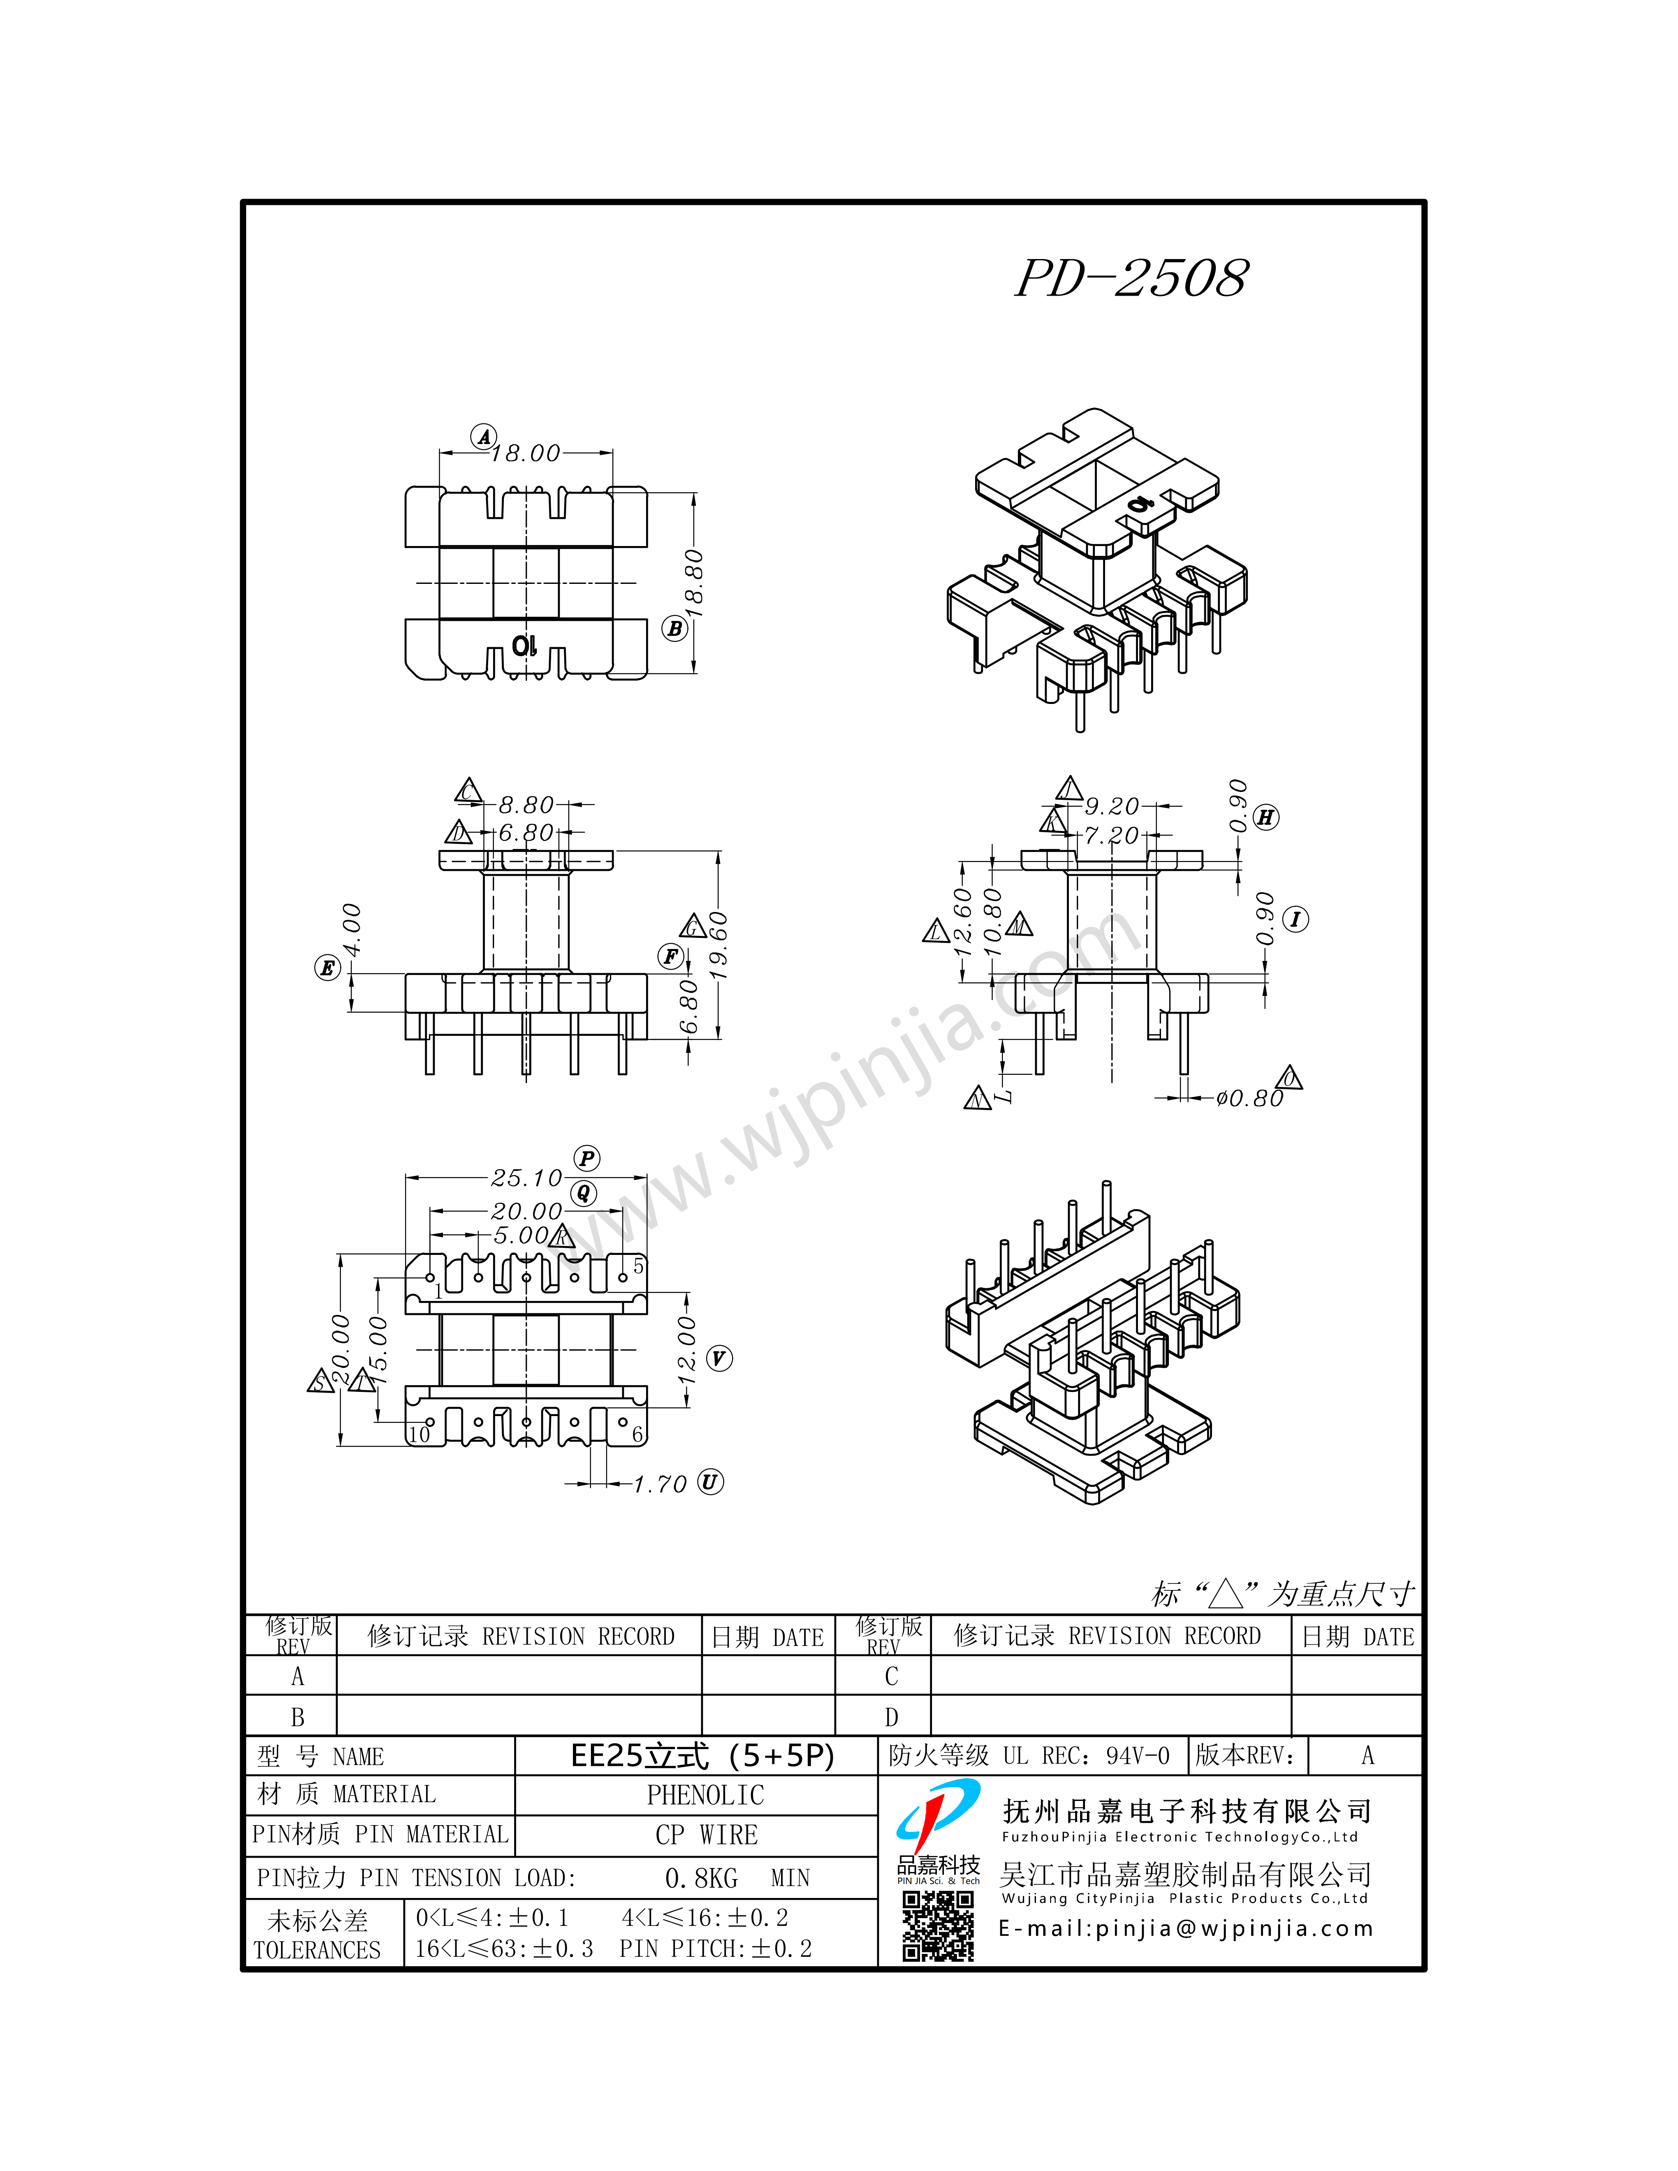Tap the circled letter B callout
click(675, 628)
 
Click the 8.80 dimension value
click(526, 804)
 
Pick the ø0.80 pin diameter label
click(1249, 1098)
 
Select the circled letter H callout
click(1265, 817)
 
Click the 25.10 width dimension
click(527, 1178)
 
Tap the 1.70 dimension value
click(660, 1485)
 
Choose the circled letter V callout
click(719, 1359)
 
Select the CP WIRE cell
click(706, 1835)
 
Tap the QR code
click(937, 1926)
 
